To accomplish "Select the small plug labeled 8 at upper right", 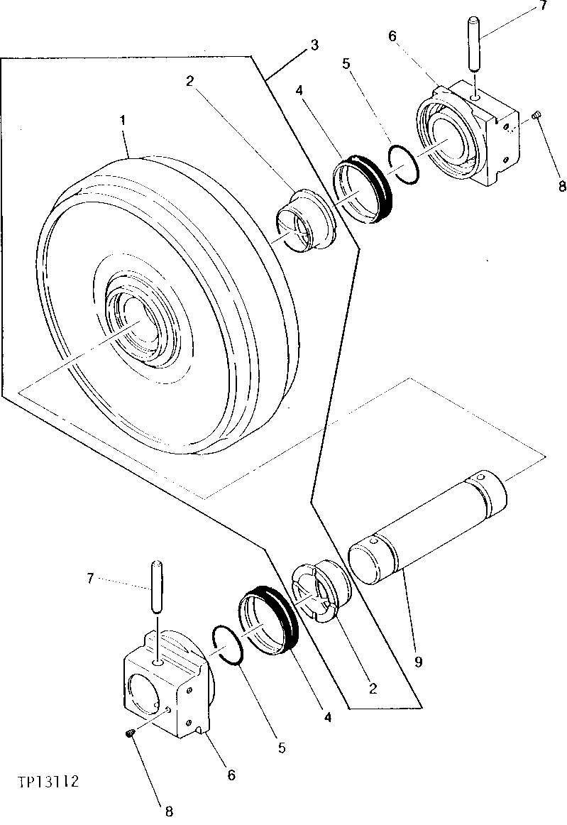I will (537, 116).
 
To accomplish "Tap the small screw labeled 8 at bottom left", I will (130, 733).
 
